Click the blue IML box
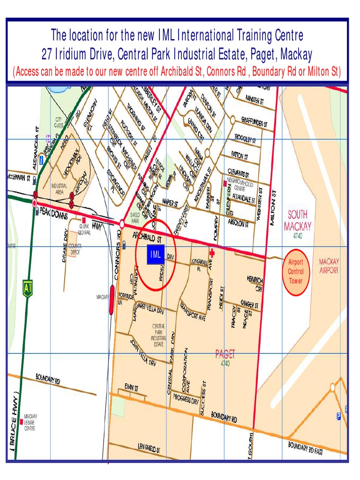coord(156,255)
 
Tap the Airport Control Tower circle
coord(296,271)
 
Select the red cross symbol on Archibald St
coord(212,252)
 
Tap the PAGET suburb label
coord(225,354)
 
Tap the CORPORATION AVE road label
coord(186,370)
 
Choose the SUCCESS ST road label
coord(203,396)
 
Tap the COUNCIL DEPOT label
coord(75,248)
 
